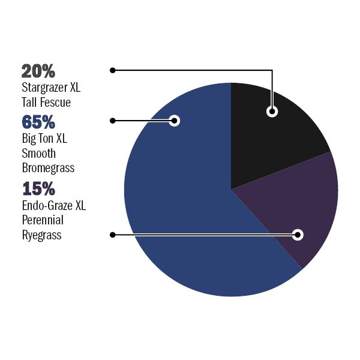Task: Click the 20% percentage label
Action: pyautogui.click(x=38, y=71)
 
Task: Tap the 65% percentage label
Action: pyautogui.click(x=38, y=122)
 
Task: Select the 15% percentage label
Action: pyautogui.click(x=38, y=189)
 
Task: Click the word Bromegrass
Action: pyautogui.click(x=47, y=168)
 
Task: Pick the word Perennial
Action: pyautogui.click(x=42, y=220)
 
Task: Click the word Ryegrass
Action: pyautogui.click(x=41, y=235)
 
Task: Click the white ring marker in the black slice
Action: pyautogui.click(x=272, y=111)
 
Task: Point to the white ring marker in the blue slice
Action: pyautogui.click(x=175, y=121)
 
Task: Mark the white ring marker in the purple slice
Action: pyautogui.click(x=298, y=235)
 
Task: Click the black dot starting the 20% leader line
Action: pyautogui.click(x=112, y=70)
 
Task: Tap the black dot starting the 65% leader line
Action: pyautogui.click(x=112, y=121)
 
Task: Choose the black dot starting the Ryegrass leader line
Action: pyautogui.click(x=112, y=235)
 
